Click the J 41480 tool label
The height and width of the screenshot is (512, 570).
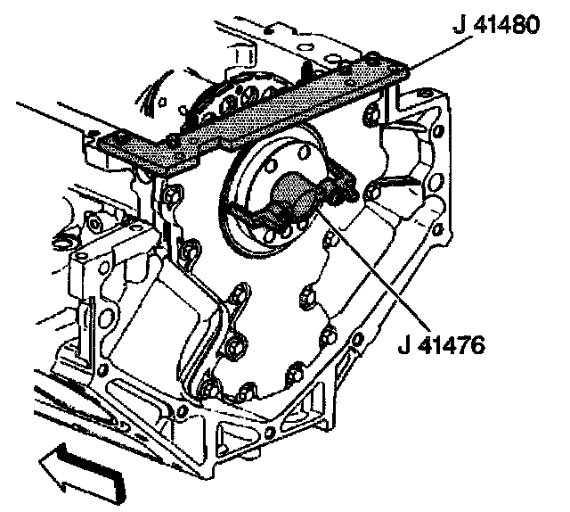point(497,25)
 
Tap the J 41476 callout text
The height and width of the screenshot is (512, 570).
point(442,345)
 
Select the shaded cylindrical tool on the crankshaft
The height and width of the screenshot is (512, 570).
point(294,194)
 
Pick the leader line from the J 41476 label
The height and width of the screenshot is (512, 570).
point(370,265)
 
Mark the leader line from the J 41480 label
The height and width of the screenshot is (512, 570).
point(439,52)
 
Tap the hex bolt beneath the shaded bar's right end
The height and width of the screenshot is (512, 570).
point(370,113)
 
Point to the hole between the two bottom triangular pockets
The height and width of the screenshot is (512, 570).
point(269,433)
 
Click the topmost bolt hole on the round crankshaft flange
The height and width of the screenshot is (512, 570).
point(303,152)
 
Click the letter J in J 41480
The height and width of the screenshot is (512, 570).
point(460,26)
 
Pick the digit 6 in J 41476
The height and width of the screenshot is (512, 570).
point(476,345)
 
